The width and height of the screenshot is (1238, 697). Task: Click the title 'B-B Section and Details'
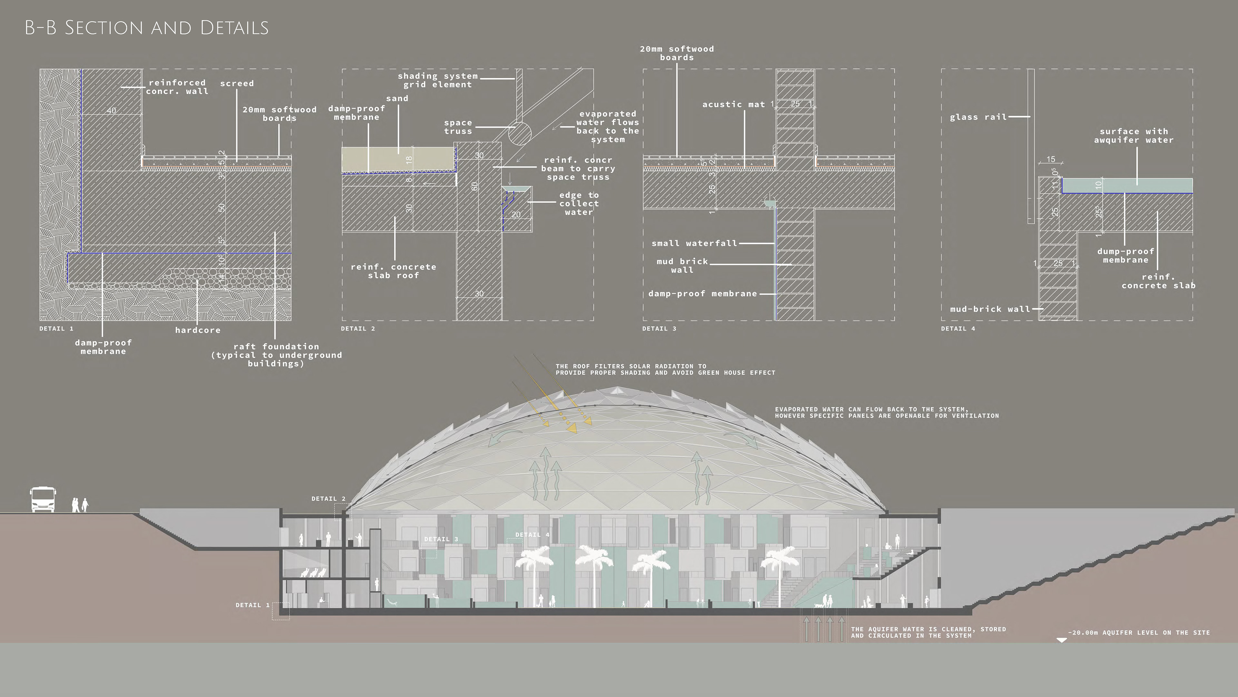147,28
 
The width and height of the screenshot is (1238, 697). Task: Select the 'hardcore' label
198,330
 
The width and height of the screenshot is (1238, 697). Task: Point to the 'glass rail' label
978,117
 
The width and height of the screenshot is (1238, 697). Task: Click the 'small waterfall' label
694,243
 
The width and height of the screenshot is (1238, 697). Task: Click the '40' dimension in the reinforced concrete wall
112,111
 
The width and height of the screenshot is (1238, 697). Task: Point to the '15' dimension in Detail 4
1051,159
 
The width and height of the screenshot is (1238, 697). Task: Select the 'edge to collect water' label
579,204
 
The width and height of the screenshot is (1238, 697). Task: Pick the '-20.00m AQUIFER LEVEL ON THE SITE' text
1138,632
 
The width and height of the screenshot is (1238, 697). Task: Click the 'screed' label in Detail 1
237,83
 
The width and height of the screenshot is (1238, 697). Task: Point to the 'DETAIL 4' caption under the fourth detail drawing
958,328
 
